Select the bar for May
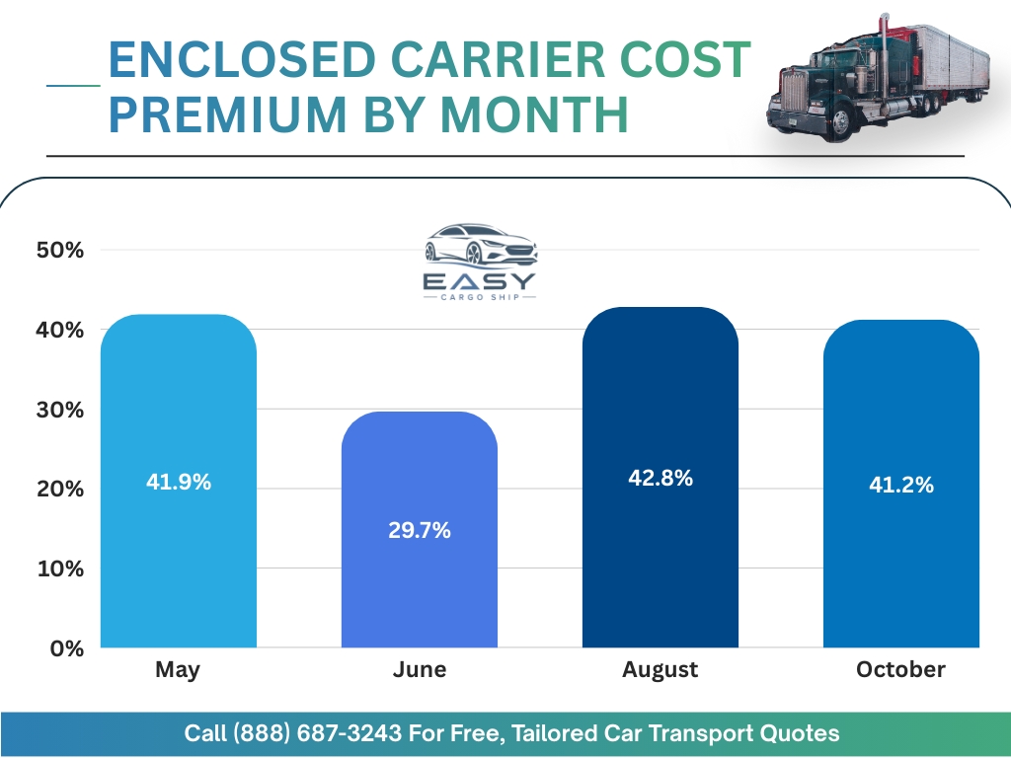coord(179,481)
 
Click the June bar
coord(419,529)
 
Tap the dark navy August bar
coord(661,477)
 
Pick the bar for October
coord(901,484)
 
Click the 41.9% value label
coord(179,482)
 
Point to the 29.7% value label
coord(419,530)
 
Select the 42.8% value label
coord(661,478)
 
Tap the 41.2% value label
coord(901,484)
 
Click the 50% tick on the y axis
coord(60,250)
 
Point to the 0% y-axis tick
coord(67,648)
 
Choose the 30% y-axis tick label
coord(60,410)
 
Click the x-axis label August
coord(660,670)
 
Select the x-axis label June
coord(419,669)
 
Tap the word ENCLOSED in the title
coord(242,58)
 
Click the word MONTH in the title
coord(534,114)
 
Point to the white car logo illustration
coord(481,245)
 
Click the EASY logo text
coord(480,281)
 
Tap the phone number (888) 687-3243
coord(317,733)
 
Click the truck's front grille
coord(794,92)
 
